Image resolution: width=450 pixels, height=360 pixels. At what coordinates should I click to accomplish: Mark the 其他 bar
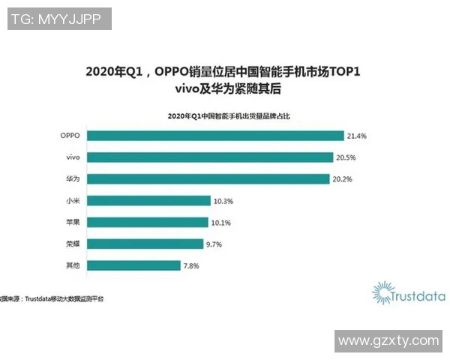[134, 265]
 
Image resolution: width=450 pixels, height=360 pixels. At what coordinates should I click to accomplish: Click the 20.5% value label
[346, 157]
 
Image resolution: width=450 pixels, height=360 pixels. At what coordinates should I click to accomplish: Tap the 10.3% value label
[222, 201]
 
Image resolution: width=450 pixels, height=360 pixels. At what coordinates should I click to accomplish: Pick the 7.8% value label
[193, 265]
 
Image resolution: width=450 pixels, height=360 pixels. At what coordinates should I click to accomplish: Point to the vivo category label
[73, 157]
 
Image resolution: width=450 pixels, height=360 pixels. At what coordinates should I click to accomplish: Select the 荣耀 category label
[73, 244]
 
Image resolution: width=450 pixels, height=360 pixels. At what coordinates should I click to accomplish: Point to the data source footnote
[52, 298]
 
